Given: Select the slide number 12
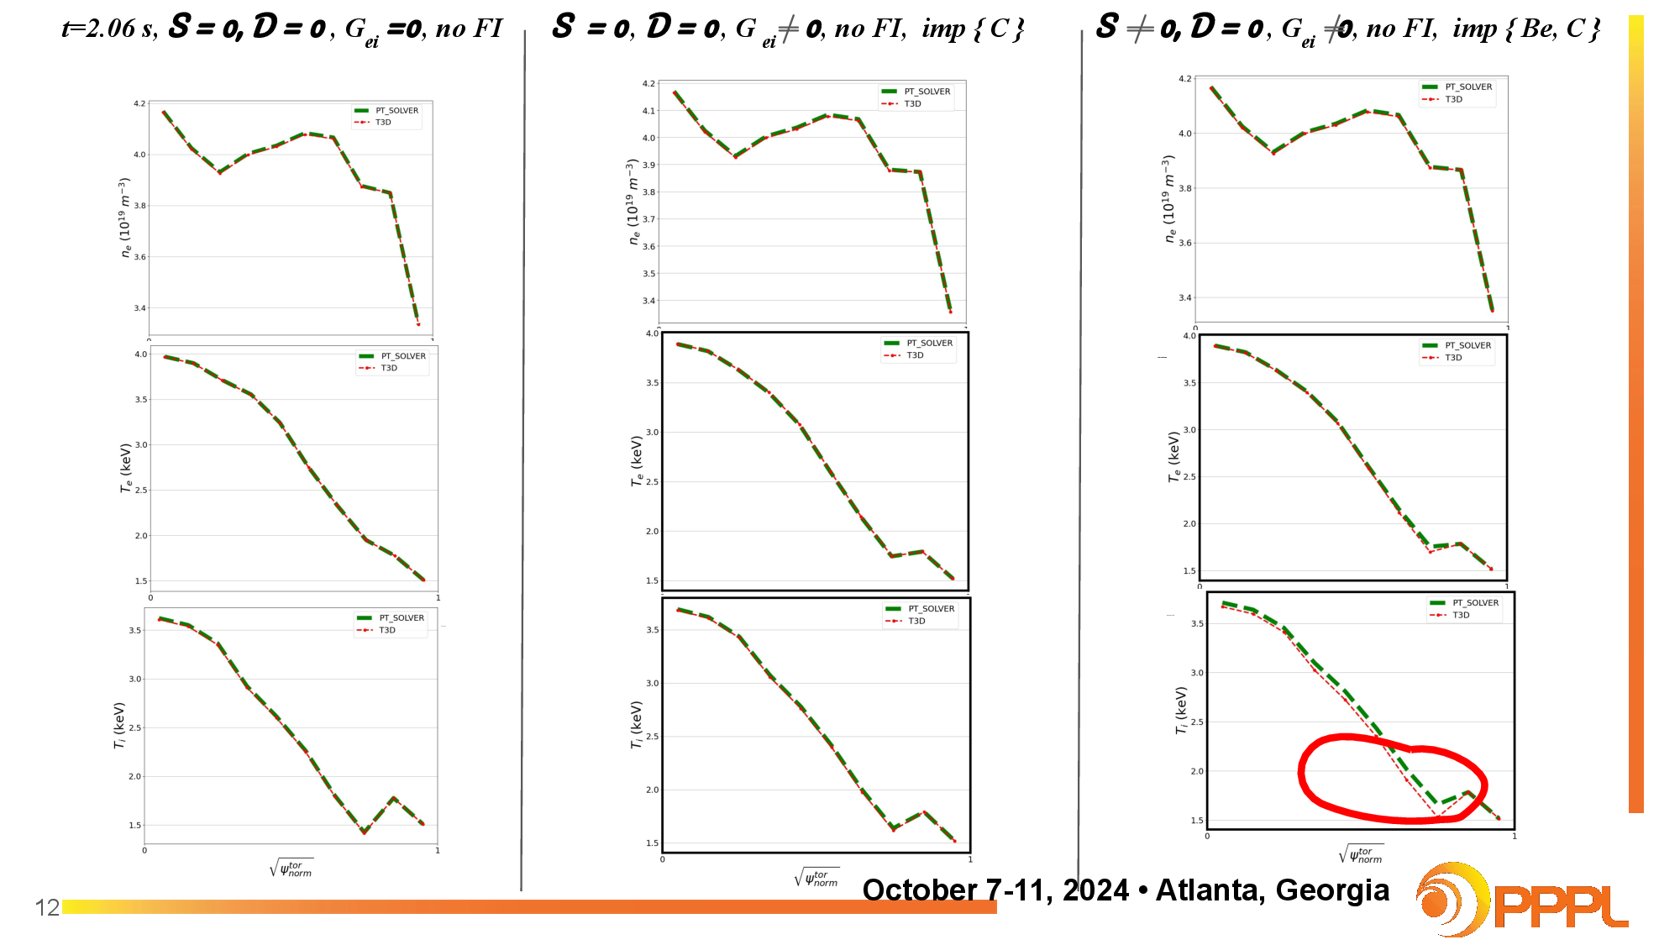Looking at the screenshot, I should pos(47,907).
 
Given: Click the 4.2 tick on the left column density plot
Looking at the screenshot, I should pos(139,103).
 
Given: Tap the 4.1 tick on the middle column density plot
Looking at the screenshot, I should pos(648,111).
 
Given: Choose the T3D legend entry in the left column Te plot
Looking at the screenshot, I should pos(388,368).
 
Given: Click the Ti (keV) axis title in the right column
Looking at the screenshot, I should pos(1182,710).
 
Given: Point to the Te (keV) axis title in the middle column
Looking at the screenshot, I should pos(638,460).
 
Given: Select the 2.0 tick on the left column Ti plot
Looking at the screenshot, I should pos(134,776).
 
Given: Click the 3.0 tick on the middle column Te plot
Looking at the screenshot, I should pos(652,432).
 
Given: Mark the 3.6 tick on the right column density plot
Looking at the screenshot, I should pos(1184,243).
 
